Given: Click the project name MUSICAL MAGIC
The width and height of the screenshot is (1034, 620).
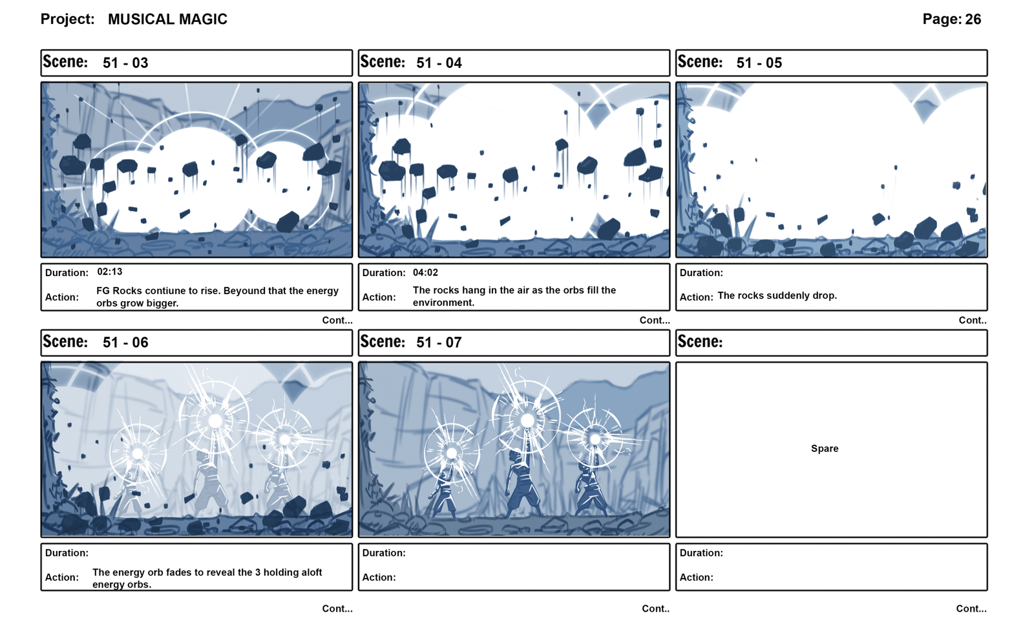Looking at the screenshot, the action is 167,19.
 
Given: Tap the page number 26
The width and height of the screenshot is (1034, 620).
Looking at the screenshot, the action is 973,19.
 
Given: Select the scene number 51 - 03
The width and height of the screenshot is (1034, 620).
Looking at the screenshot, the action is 125,63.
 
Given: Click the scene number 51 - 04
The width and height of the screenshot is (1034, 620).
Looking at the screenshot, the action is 439,63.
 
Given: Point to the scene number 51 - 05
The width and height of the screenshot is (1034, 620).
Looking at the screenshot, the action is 759,63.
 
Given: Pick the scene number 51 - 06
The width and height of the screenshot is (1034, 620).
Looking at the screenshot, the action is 125,343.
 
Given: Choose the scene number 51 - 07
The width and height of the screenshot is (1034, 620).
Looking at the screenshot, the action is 439,343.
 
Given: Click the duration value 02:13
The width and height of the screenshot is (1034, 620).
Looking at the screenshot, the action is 110,272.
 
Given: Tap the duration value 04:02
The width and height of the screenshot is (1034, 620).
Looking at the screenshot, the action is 426,272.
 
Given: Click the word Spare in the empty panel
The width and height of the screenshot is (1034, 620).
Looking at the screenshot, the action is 825,449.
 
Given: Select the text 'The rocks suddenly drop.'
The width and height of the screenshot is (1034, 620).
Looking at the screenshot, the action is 777,295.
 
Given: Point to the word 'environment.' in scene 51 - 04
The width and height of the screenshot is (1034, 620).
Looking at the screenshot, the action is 443,303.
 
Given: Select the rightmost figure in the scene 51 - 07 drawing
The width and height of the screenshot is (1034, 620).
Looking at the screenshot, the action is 591,489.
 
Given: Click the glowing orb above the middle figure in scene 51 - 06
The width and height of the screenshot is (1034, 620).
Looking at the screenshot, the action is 215,421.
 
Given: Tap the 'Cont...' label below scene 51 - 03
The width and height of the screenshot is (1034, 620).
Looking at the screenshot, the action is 337,321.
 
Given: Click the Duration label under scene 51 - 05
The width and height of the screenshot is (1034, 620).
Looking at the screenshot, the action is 701,273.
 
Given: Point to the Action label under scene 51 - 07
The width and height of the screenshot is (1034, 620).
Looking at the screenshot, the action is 379,577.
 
